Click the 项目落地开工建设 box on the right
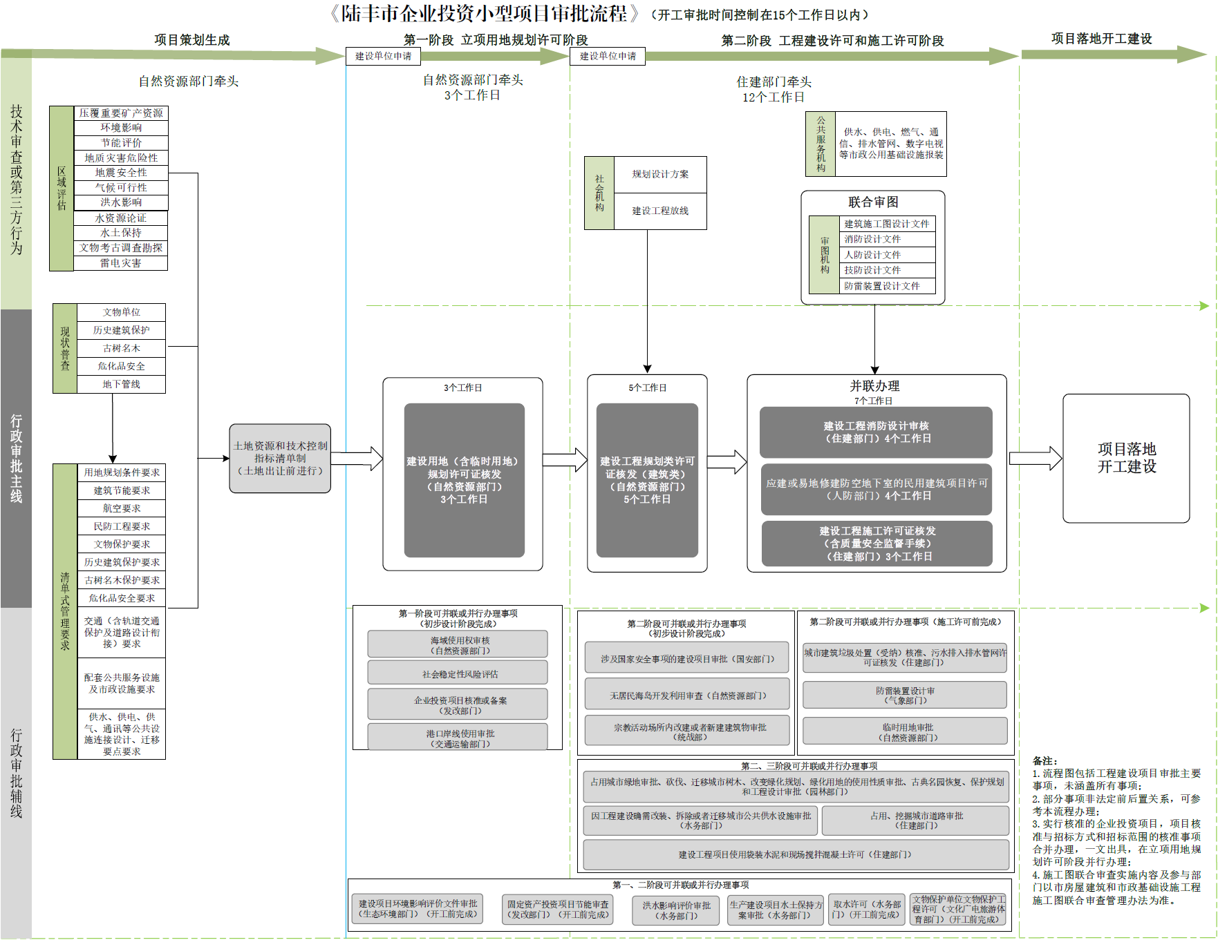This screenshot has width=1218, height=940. (1126, 458)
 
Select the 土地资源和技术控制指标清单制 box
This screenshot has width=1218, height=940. (280, 459)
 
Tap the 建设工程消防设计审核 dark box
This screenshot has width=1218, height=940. (876, 432)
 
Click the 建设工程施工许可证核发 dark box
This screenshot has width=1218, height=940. (877, 544)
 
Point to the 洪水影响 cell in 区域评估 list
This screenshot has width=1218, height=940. (121, 202)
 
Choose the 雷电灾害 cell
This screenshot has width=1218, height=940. (121, 263)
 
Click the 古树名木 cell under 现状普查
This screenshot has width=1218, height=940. (121, 348)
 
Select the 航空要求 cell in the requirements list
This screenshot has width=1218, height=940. (122, 508)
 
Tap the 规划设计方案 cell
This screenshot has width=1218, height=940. (660, 174)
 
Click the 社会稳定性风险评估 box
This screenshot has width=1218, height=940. (458, 674)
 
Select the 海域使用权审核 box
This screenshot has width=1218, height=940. (458, 645)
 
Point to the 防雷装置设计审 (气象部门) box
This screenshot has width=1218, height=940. (904, 696)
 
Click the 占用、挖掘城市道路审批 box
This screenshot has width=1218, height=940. (915, 821)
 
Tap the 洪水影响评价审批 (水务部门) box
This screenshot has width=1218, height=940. (676, 910)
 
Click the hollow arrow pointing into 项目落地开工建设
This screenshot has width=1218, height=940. (1035, 459)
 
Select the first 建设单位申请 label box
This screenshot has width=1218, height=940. (383, 56)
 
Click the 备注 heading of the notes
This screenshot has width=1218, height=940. (1044, 760)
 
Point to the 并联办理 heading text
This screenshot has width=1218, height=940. (874, 386)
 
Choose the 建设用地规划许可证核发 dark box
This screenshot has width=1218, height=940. (464, 480)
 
